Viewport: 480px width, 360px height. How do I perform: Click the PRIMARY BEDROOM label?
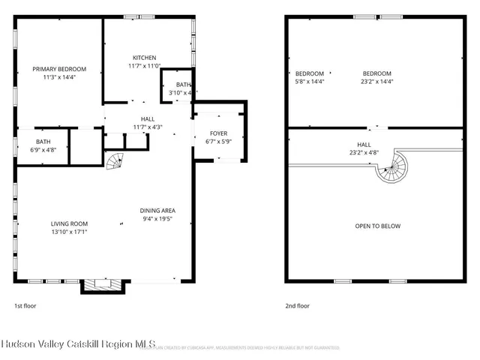tap(58, 68)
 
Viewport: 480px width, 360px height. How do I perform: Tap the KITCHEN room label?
tap(145, 58)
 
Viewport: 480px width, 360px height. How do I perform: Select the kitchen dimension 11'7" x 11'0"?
tap(145, 66)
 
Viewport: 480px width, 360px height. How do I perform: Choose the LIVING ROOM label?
tap(69, 223)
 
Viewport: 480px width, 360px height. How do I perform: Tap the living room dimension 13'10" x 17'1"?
tap(69, 232)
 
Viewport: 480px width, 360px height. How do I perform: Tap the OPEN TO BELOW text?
tap(377, 226)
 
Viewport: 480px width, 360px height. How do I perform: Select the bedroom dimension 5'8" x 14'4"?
tap(309, 81)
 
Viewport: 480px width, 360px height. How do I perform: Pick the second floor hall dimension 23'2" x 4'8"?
tap(364, 152)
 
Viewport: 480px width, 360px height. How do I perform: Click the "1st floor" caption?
tap(25, 305)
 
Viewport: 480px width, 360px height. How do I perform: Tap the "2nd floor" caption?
tap(297, 305)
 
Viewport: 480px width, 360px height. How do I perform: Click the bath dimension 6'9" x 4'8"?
tap(43, 149)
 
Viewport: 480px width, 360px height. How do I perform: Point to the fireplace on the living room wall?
tap(95, 285)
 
